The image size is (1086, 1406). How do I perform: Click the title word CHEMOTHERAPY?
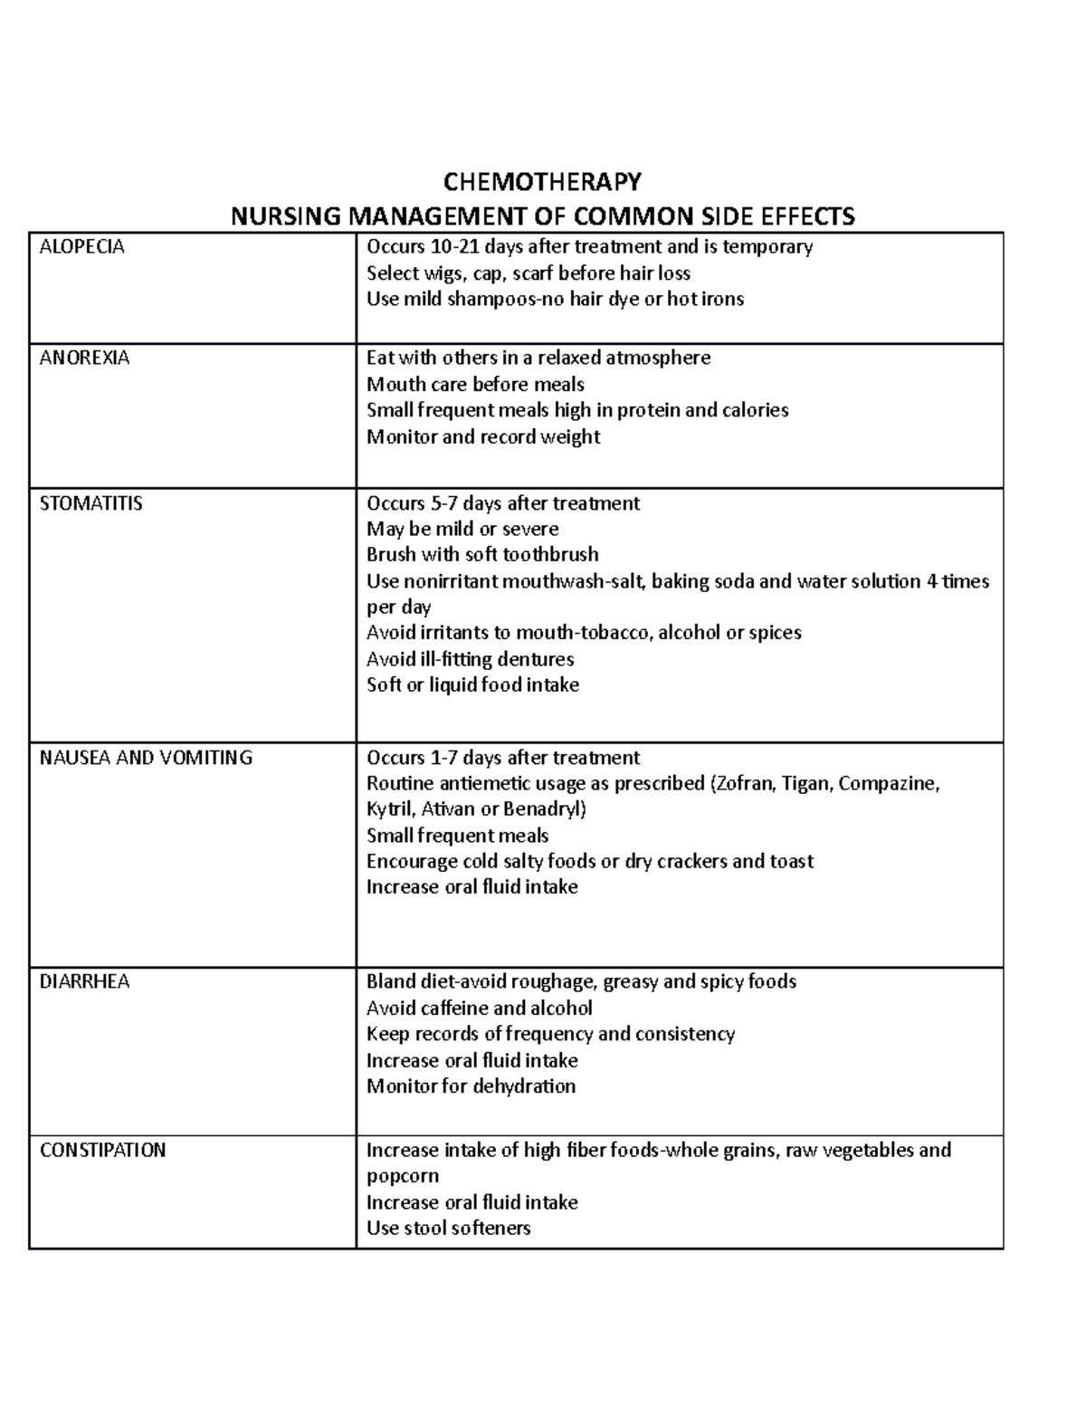pos(542,182)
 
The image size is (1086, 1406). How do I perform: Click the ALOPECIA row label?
pos(81,247)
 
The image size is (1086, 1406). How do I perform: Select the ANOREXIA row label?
pos(84,358)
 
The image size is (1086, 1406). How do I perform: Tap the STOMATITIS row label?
pos(90,503)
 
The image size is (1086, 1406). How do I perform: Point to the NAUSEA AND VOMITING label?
pos(146,758)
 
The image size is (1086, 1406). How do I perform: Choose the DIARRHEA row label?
pos(84,982)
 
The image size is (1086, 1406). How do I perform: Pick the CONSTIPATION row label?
pos(102,1151)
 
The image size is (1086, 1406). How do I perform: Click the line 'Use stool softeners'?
pos(448,1229)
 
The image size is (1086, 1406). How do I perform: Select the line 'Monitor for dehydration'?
pos(471,1086)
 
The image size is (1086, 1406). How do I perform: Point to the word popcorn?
pos(402,1176)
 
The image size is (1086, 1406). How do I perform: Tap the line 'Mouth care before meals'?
pos(475,384)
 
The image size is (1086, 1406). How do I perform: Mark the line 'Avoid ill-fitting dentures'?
pos(470,659)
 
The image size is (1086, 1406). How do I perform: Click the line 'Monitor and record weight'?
pos(483,436)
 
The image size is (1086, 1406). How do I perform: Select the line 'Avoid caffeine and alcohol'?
pos(479,1009)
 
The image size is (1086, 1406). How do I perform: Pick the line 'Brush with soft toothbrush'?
pos(482,554)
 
